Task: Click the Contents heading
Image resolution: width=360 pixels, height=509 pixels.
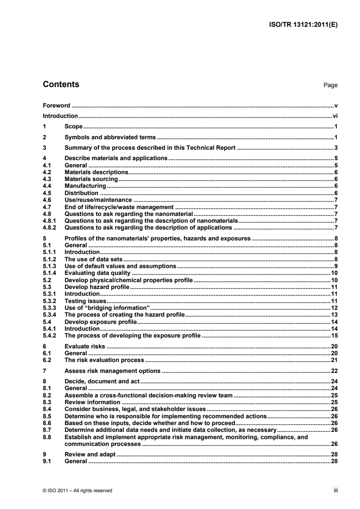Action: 61,84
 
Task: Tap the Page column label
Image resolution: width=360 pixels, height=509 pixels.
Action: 331,85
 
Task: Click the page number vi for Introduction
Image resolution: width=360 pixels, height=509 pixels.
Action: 335,116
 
